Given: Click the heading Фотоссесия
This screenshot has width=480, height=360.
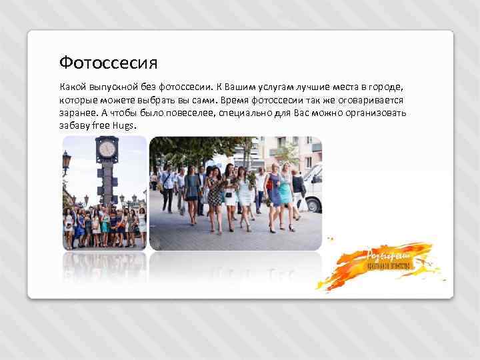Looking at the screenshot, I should (x=108, y=63).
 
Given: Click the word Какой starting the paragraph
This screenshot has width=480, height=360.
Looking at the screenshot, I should (x=72, y=87).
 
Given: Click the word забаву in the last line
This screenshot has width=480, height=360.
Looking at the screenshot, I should (x=74, y=125).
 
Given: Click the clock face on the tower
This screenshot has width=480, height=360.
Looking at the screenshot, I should (x=107, y=149).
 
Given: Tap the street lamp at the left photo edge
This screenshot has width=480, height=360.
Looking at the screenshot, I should (x=66, y=160).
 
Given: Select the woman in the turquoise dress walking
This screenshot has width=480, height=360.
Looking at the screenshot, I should (x=285, y=193).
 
